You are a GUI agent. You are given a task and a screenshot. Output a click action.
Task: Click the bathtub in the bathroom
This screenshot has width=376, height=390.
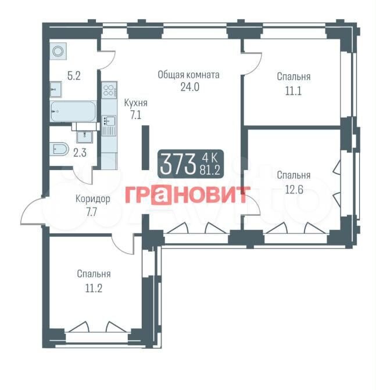[73, 111]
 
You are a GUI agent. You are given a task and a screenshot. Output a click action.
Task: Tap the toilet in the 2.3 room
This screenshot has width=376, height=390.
[59, 149]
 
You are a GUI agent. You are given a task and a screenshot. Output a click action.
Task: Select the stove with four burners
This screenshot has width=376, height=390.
[109, 90]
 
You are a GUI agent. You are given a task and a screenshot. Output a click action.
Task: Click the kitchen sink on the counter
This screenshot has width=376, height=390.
[109, 121]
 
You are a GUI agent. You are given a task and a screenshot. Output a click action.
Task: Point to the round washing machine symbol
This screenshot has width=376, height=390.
[58, 51]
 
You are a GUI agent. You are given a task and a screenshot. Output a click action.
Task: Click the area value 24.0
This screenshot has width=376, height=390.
[189, 87]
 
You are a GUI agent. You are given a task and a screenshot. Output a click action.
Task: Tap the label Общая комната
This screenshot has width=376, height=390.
[188, 75]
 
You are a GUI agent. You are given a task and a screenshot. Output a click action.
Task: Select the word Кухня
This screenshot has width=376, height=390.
[136, 103]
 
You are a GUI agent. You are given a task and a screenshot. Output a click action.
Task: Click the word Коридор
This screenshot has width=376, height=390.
[92, 199]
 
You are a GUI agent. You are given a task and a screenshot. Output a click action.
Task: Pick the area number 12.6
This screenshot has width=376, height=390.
[294, 190]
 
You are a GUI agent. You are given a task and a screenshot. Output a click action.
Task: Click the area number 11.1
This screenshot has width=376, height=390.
[293, 91]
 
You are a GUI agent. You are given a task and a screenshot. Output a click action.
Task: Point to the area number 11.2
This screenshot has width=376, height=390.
[94, 288]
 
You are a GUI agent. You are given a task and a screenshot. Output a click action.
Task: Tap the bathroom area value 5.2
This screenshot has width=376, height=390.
[74, 75]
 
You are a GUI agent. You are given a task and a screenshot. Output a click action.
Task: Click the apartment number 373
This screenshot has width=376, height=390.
[178, 164]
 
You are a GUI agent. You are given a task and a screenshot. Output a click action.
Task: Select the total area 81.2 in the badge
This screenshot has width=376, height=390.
[210, 171]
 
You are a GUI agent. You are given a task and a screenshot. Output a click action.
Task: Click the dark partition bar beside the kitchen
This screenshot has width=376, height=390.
[145, 147]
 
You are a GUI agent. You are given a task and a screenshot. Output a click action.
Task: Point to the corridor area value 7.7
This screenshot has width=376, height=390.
[91, 212]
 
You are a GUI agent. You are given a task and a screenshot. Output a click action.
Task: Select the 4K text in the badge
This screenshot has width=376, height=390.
[210, 157]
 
